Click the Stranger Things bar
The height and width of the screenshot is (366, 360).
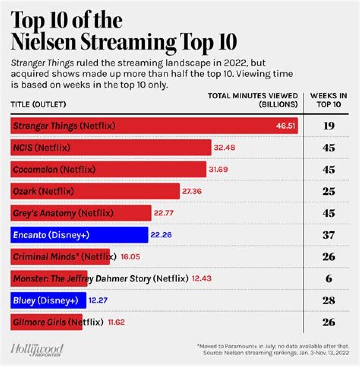(x=150, y=126)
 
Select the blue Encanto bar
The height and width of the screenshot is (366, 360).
(x=80, y=235)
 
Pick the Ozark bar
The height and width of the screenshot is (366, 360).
(x=95, y=191)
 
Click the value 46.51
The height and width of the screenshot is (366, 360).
(x=285, y=126)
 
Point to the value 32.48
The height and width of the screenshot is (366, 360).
(x=225, y=148)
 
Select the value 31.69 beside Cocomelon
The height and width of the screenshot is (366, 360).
(x=218, y=169)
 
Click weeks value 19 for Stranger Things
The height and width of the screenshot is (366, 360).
(x=329, y=126)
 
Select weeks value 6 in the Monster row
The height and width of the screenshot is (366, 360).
(x=329, y=278)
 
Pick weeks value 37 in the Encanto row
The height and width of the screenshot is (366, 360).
(x=329, y=235)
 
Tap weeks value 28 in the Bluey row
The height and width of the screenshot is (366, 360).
(x=329, y=300)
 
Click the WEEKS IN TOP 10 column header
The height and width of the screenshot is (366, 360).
(x=329, y=100)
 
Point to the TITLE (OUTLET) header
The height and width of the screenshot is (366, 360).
(x=39, y=104)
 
